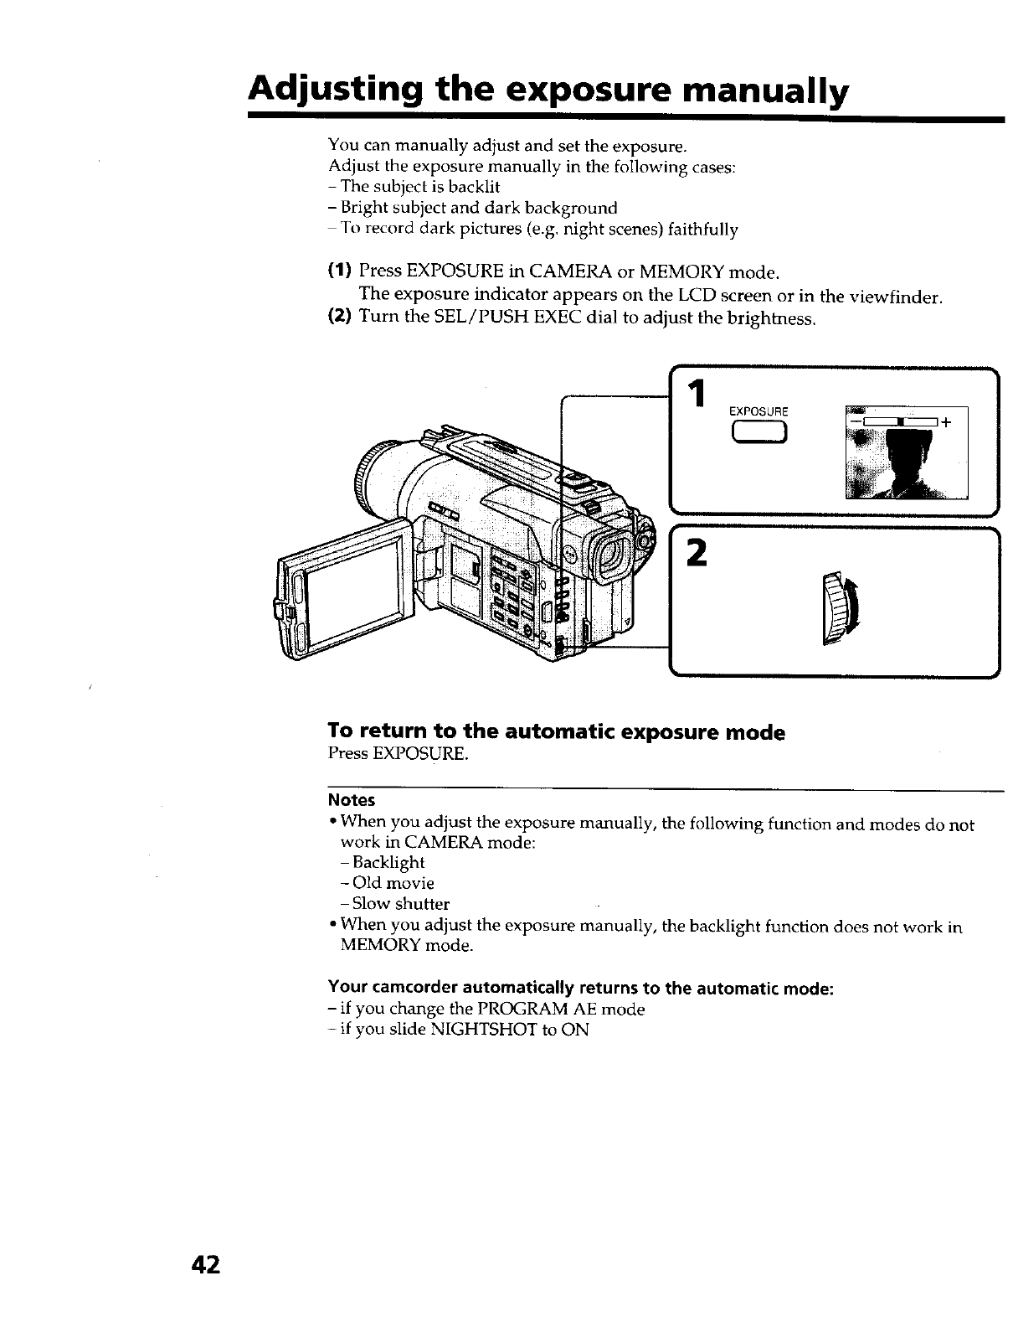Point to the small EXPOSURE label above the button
[x=758, y=411]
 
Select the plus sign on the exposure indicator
[x=946, y=422]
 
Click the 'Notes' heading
[x=351, y=800]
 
